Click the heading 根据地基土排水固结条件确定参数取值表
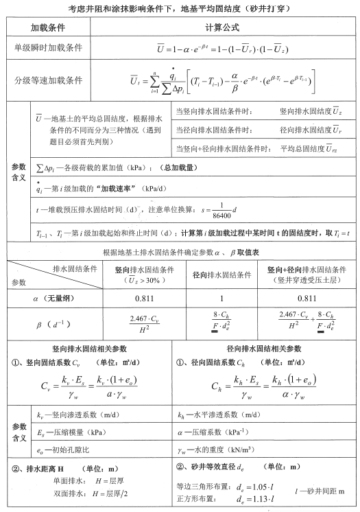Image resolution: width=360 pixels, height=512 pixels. coord(180,253)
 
